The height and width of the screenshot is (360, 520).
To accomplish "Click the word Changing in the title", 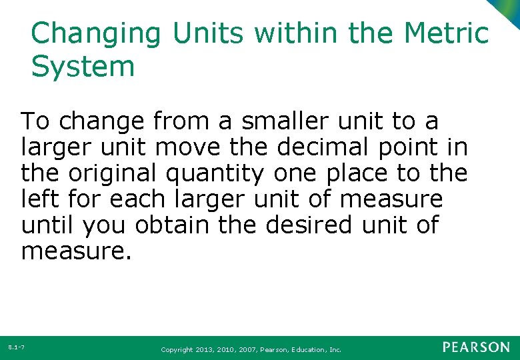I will (96, 34).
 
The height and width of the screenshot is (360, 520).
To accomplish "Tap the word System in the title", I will (83, 67).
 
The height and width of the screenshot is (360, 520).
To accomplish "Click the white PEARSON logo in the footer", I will (476, 347).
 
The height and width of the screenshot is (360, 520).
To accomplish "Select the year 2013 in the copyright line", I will (205, 349).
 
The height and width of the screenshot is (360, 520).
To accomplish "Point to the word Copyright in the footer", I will (176, 349).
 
